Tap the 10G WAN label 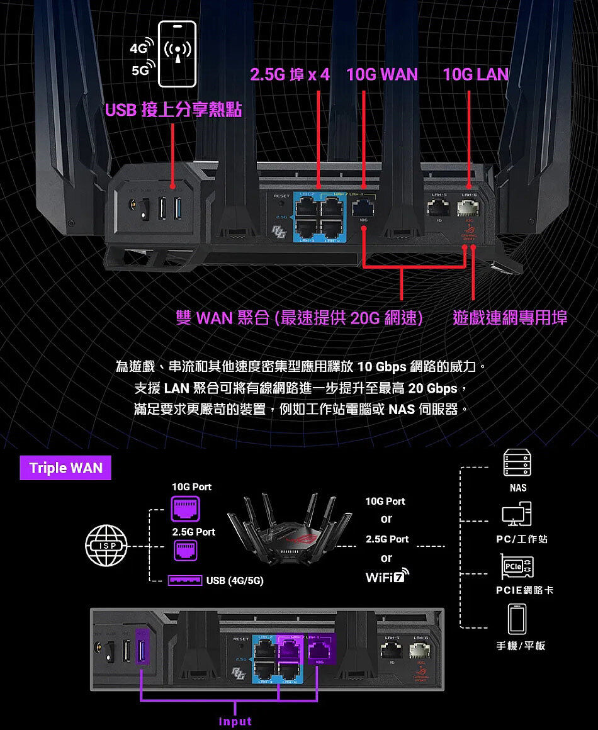tap(381, 75)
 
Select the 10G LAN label tap(475, 75)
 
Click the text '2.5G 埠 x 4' tap(290, 75)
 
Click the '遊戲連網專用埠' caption tap(510, 318)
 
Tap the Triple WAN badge tap(65, 468)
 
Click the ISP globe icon tap(108, 546)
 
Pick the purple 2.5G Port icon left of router tap(185, 551)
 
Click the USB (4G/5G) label tap(235, 580)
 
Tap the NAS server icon tap(519, 463)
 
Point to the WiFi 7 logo tap(386, 577)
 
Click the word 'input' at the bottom tap(235, 721)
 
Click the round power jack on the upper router tap(134, 208)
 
